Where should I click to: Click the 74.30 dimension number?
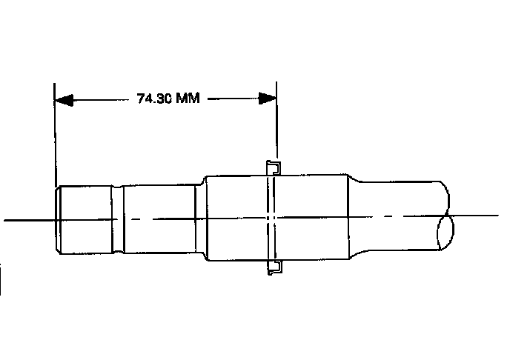pyautogui.click(x=154, y=98)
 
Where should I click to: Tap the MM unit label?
pyautogui.click(x=188, y=98)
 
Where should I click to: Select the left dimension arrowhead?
pyautogui.click(x=64, y=100)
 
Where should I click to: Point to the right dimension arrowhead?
pyautogui.click(x=268, y=98)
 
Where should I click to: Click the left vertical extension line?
pyautogui.click(x=55, y=135)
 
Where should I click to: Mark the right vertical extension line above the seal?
pyautogui.click(x=276, y=120)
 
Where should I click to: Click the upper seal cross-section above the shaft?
pyautogui.click(x=274, y=168)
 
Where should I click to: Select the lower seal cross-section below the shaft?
pyautogui.click(x=274, y=267)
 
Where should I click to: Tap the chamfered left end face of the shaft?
pyautogui.click(x=58, y=220)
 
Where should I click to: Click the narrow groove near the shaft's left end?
pyautogui.click(x=118, y=219)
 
